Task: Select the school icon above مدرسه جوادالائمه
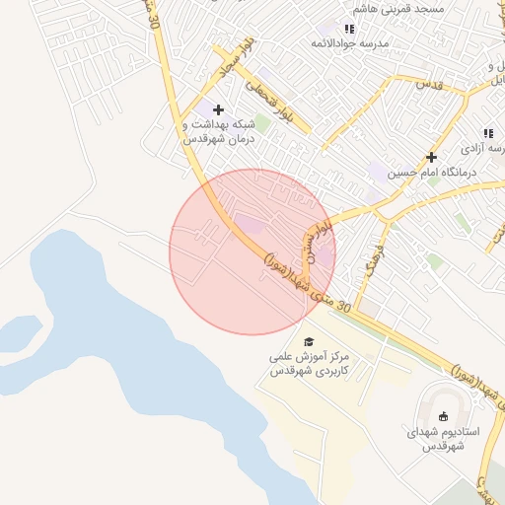coord(349,29)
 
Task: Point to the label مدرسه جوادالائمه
coord(350,43)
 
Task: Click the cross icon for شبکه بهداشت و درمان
coord(218,109)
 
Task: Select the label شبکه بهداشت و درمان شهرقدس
coord(219,132)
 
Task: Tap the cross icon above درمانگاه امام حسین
coord(431,157)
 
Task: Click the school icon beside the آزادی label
coord(487,133)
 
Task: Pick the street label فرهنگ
coord(371,262)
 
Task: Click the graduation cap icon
coord(309,341)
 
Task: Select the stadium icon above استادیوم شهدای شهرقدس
coord(442,415)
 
